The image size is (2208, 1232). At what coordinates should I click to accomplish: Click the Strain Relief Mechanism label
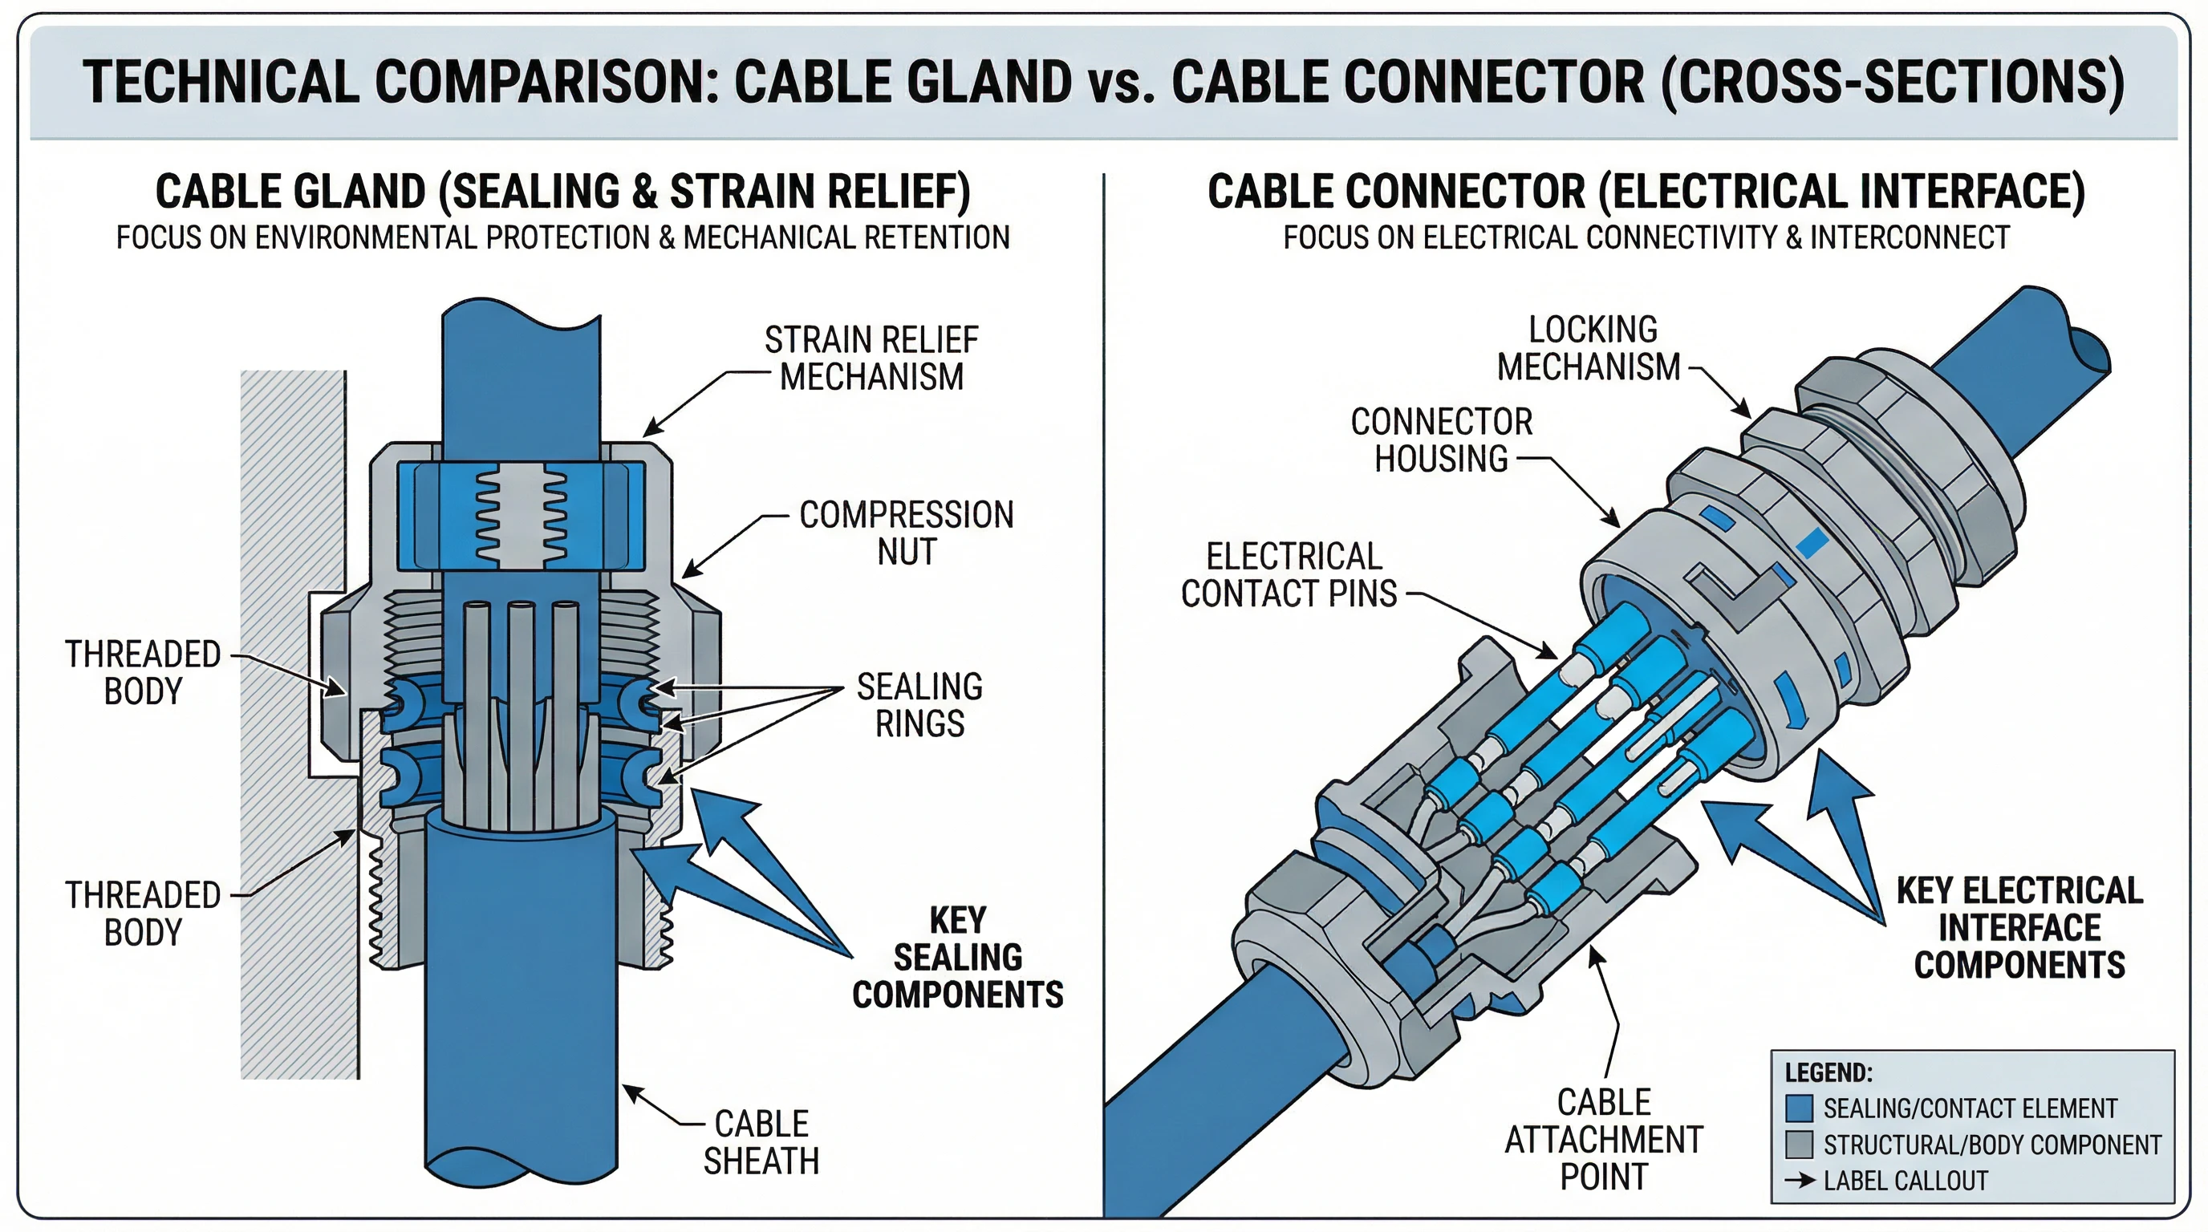click(871, 358)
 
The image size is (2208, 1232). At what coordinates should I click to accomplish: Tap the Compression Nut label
click(906, 533)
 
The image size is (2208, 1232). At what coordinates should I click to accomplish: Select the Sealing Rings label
click(919, 705)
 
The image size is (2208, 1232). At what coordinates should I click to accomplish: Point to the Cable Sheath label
click(761, 1142)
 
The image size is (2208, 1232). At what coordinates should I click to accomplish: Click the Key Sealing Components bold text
click(957, 957)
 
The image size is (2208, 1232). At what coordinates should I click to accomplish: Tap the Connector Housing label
click(1442, 440)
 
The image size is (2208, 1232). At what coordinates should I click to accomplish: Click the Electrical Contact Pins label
click(1289, 575)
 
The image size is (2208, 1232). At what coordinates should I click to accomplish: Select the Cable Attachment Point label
click(1604, 1140)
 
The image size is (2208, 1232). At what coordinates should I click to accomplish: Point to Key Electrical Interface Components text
click(2019, 928)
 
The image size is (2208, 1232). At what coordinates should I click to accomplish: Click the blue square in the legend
click(1798, 1108)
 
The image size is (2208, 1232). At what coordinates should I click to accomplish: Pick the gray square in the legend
click(1798, 1144)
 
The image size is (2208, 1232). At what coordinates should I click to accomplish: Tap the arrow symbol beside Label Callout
click(1799, 1180)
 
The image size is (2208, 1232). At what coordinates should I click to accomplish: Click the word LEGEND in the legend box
click(1828, 1072)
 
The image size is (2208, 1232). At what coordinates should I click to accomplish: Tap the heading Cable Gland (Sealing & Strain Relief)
click(562, 191)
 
